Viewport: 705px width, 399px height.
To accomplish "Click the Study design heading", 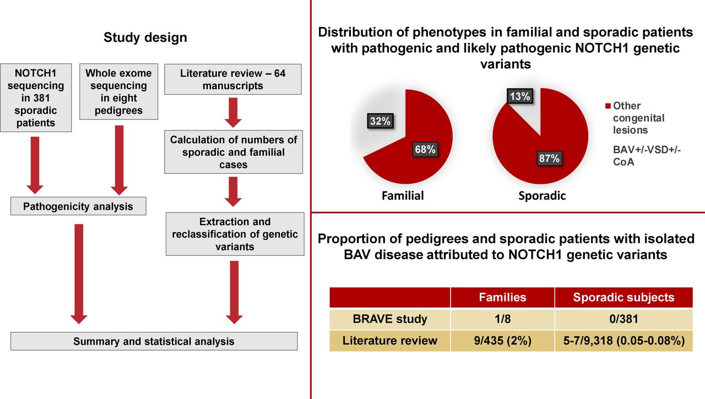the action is pos(145,37).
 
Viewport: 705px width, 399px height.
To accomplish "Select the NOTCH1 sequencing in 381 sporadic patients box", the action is pos(36,98).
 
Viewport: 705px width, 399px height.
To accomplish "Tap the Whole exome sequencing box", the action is pos(118,91).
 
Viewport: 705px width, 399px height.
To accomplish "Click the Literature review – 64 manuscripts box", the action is pos(233,79).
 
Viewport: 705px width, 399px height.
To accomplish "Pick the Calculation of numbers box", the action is pos(234,152).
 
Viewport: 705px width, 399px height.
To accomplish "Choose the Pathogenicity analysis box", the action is pos(78,206).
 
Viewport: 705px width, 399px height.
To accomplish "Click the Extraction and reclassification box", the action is pos(235,234).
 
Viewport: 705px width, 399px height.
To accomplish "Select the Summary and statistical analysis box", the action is pos(154,341).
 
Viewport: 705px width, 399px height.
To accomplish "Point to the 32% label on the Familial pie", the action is pos(380,121).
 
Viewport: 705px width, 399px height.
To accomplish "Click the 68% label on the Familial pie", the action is pos(425,149).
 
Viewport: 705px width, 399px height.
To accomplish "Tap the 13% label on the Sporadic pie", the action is pos(520,96).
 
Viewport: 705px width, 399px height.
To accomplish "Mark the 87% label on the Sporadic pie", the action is pos(549,158).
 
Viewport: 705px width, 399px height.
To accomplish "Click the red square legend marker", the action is pos(608,106).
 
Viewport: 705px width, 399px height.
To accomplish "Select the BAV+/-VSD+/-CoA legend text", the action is pos(647,156).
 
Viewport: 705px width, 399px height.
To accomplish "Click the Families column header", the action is pos(503,297).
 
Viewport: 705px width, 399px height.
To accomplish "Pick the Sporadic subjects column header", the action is pos(624,297).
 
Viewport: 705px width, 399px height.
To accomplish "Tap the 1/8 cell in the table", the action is pos(503,319).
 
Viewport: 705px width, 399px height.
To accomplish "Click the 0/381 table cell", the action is pos(624,319).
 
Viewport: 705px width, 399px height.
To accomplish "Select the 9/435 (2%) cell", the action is pos(503,341).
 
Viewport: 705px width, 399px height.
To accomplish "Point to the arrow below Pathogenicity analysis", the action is pos(79,274).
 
